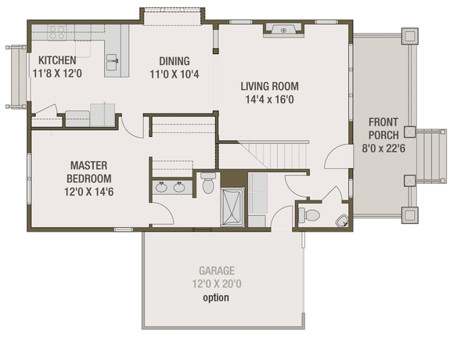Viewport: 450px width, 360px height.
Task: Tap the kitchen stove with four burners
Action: (x=56, y=32)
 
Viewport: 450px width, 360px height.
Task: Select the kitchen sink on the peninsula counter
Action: (x=113, y=59)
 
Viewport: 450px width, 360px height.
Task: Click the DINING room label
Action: (x=174, y=60)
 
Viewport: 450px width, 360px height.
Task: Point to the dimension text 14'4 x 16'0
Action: (x=270, y=99)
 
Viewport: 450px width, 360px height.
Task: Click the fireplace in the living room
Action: (x=282, y=31)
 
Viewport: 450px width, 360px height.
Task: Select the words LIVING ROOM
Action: (x=270, y=86)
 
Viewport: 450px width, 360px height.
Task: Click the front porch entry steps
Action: (x=430, y=157)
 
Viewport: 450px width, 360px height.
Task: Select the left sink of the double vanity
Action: (x=160, y=187)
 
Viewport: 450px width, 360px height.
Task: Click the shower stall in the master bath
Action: (x=232, y=208)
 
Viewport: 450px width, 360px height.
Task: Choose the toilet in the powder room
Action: (x=309, y=214)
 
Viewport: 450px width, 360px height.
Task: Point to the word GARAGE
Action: (x=216, y=272)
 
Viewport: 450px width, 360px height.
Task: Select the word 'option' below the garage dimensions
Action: (x=216, y=298)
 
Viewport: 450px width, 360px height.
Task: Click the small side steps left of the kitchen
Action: (x=16, y=77)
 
